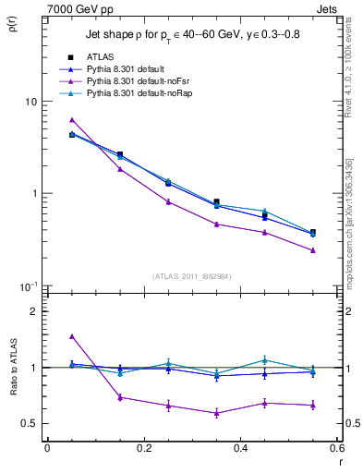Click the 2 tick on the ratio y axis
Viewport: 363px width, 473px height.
(34, 311)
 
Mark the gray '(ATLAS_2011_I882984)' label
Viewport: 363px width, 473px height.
(191, 275)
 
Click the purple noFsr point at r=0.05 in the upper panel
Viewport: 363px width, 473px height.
(72, 120)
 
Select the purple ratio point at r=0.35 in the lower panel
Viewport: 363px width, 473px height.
(216, 413)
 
